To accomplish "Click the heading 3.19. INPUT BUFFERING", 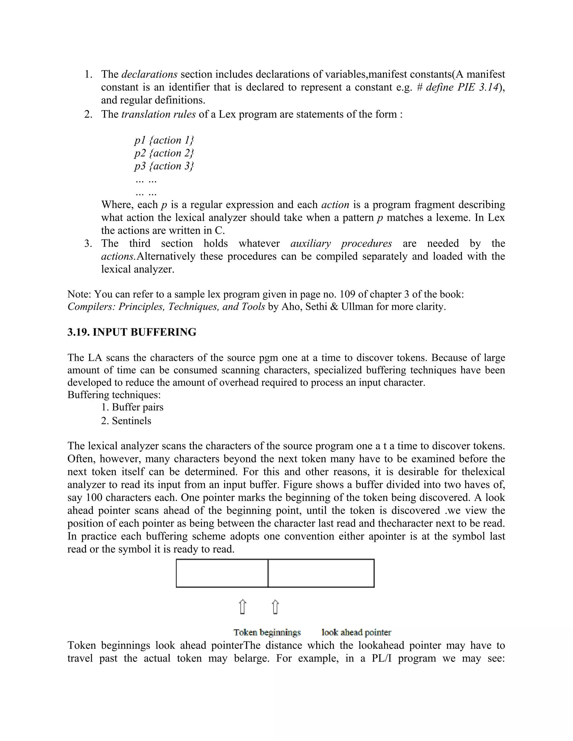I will (132, 332).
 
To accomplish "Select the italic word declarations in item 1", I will (149, 74).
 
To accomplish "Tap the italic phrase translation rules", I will (158, 114).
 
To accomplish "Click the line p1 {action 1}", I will (164, 140).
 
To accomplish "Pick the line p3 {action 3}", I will (164, 166).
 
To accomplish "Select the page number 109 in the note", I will (347, 294).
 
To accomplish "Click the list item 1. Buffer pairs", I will (132, 407).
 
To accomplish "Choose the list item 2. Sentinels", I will (126, 421).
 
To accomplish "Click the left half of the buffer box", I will (222, 574).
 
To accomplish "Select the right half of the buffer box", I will (321, 574).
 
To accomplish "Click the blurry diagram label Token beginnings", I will (267, 633).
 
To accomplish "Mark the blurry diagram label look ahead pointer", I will (356, 633).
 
